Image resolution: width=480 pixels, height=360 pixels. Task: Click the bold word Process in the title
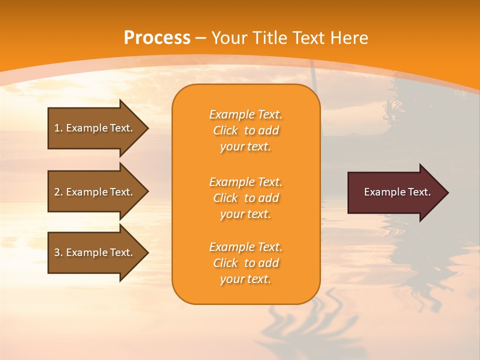157,38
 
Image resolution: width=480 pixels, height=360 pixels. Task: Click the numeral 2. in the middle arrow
58,192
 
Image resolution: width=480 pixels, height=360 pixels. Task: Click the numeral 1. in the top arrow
58,128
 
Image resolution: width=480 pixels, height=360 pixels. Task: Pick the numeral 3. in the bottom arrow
58,252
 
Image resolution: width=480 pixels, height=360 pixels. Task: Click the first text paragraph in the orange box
245,130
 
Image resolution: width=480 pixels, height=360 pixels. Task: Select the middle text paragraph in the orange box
245,198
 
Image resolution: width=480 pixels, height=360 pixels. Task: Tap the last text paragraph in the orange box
245,263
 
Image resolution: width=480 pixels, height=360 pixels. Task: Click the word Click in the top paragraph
225,130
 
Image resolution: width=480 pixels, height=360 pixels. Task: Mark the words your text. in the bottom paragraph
245,279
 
